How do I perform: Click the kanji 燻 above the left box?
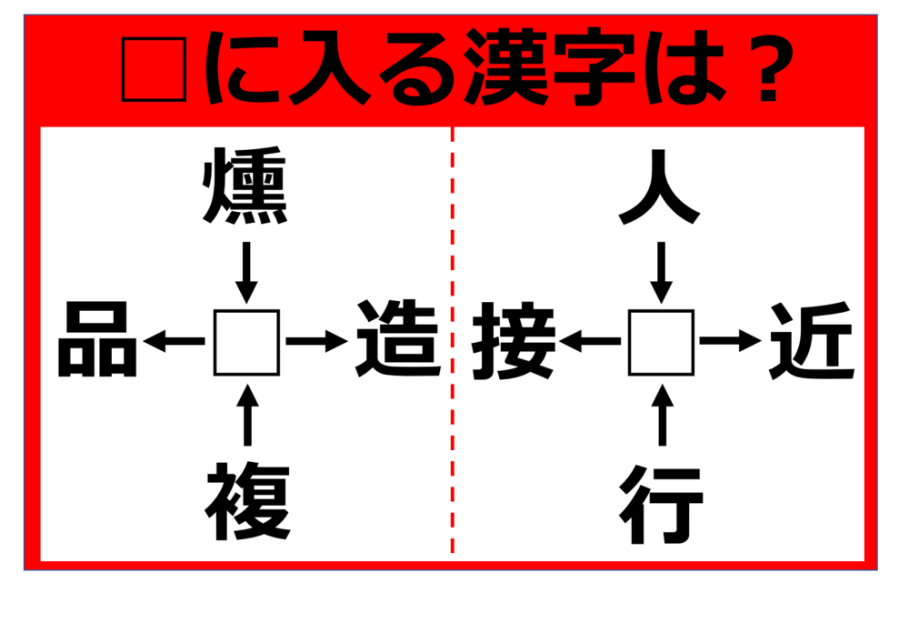click(245, 186)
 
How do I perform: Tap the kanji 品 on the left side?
click(97, 339)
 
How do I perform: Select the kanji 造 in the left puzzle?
click(398, 338)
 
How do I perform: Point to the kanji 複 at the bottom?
click(247, 502)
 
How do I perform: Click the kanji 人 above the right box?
click(660, 186)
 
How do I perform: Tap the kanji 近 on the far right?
click(812, 340)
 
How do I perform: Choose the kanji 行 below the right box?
click(662, 504)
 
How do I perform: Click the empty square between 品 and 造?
click(247, 343)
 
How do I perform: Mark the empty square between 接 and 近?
click(662, 342)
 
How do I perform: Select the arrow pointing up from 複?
click(247, 415)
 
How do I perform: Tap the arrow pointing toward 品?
click(174, 341)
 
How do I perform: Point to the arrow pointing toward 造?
click(317, 341)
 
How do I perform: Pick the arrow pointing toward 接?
click(590, 341)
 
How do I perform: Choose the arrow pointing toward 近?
click(731, 341)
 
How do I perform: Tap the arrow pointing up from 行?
click(662, 415)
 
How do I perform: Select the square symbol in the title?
click(155, 70)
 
